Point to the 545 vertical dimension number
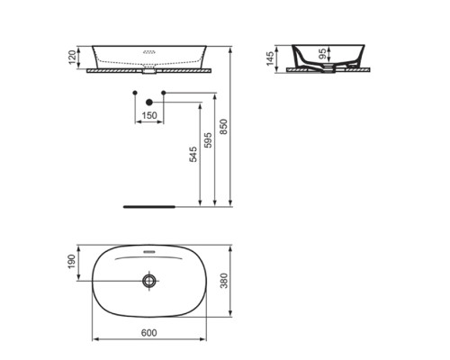point(193,156)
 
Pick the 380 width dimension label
point(235,281)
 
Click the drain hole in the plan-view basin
point(149,282)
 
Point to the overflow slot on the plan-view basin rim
point(149,250)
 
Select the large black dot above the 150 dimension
point(149,102)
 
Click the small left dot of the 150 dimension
point(135,94)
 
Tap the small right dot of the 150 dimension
point(164,94)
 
